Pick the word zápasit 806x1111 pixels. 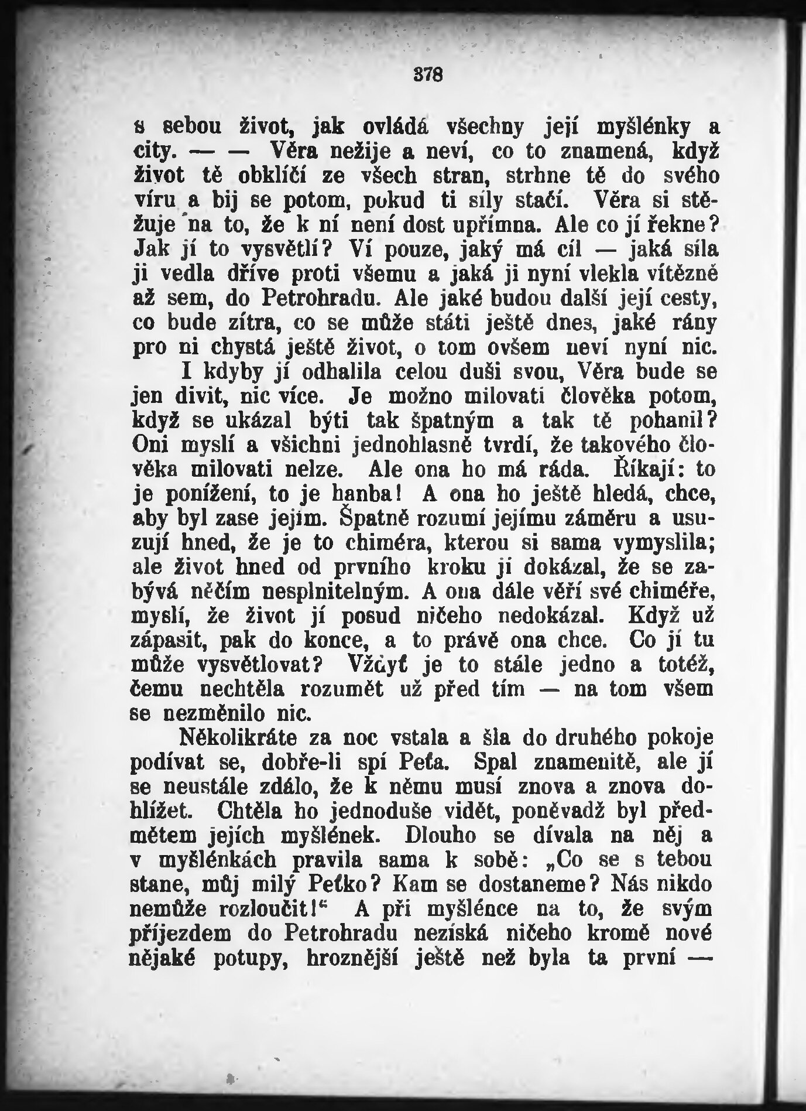pyautogui.click(x=167, y=641)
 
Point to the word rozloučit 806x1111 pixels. pyautogui.click(x=269, y=910)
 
